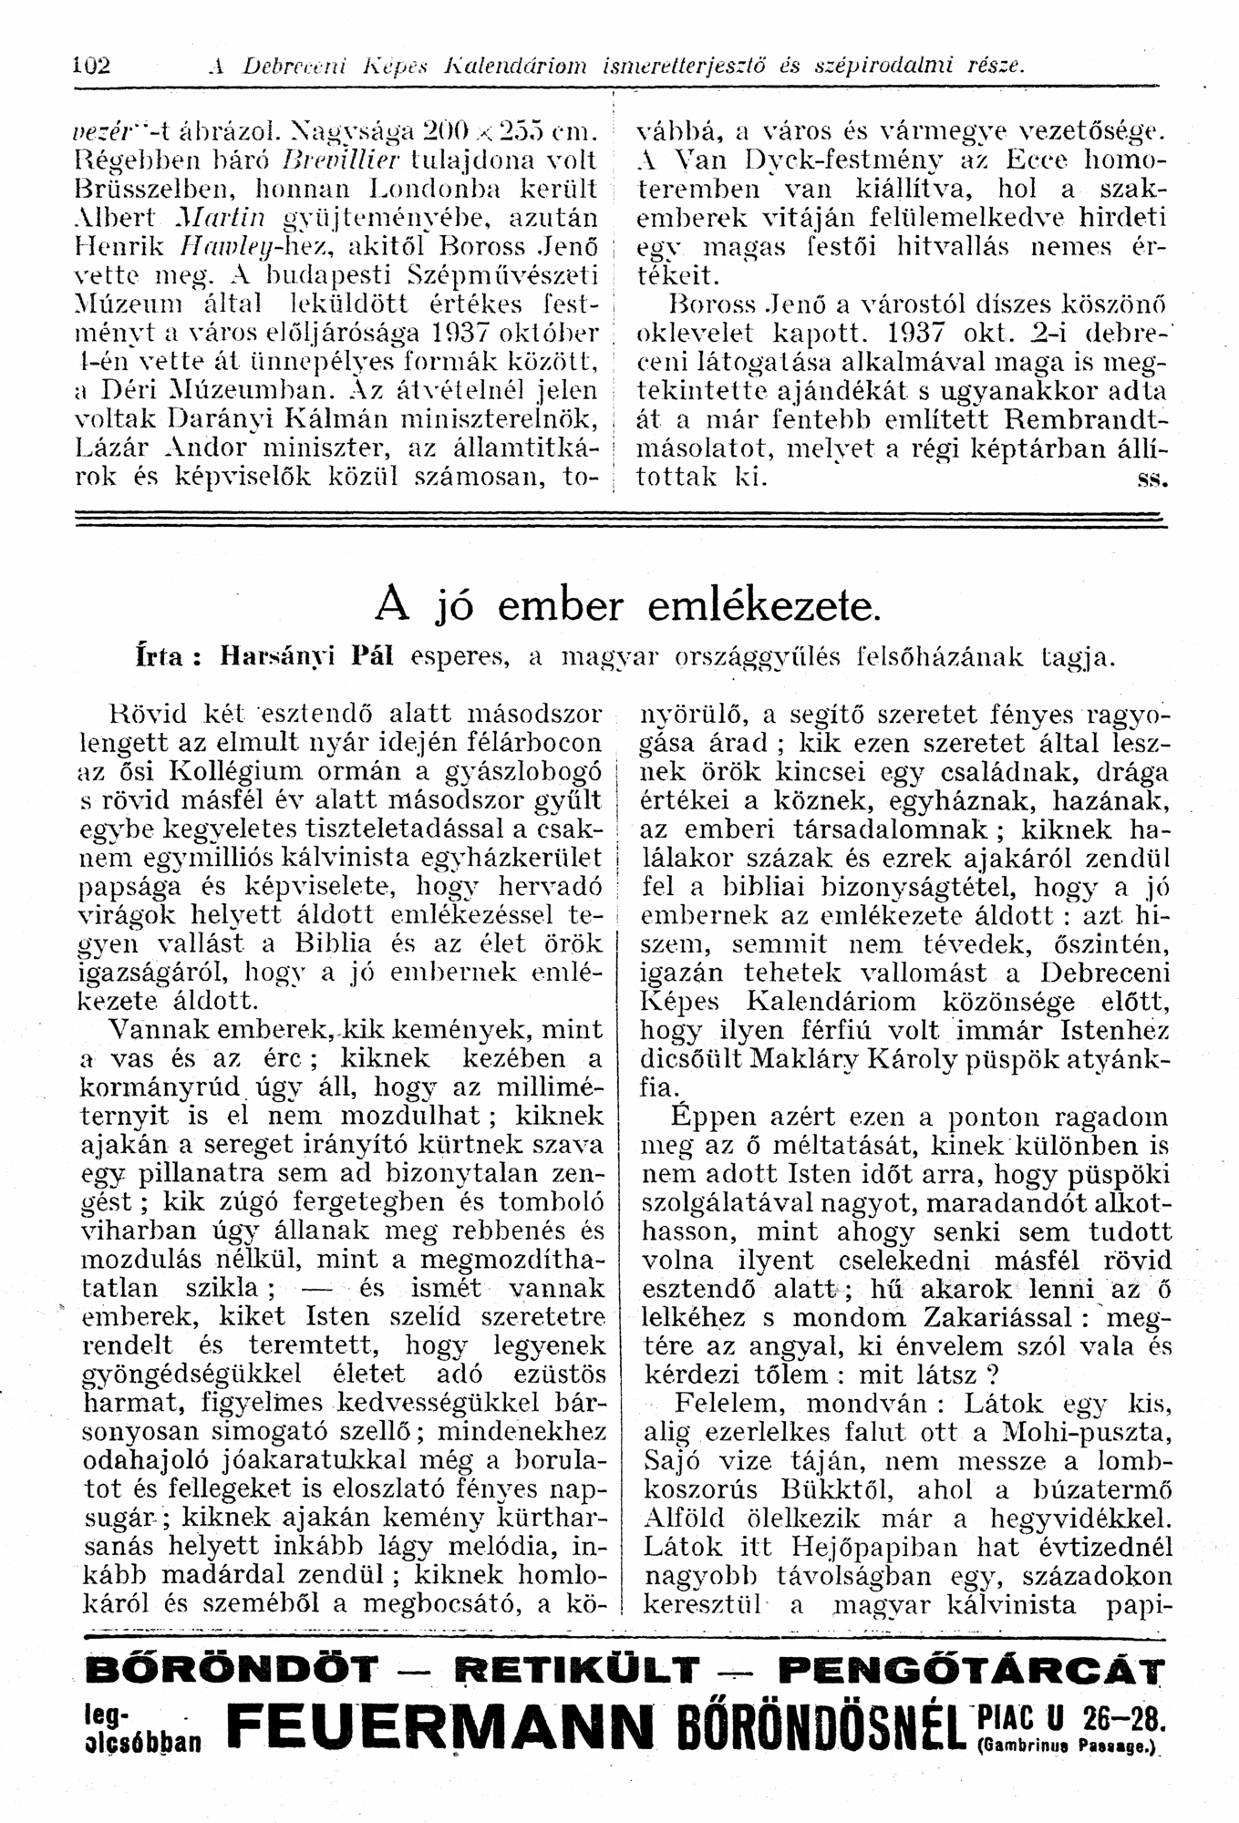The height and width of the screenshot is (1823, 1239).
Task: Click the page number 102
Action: coord(91,66)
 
